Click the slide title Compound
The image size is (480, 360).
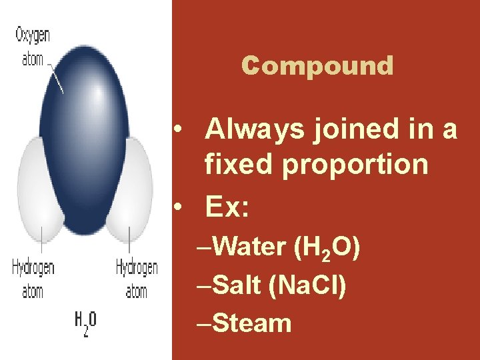tap(317, 66)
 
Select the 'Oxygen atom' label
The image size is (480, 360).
tap(33, 46)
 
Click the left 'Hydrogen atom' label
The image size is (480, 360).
tap(33, 279)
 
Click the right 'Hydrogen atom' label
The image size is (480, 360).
tap(137, 279)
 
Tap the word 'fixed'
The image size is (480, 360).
tap(240, 163)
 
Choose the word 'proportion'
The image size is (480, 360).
tap(355, 163)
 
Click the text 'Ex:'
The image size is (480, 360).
tap(227, 209)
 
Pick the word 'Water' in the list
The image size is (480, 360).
tap(249, 247)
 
